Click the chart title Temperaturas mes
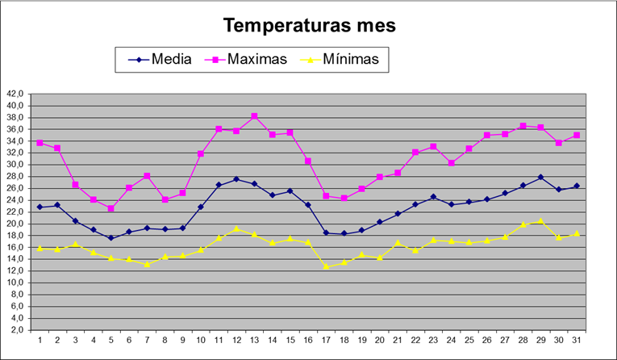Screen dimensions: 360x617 pos(309,25)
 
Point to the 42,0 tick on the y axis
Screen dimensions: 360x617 pos(16,94)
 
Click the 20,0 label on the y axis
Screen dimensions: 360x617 pos(16,224)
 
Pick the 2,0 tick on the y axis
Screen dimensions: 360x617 pos(18,330)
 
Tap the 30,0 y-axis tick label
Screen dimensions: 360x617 pos(16,165)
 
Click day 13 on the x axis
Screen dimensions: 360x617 pos(254,340)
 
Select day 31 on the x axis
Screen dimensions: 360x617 pos(576,340)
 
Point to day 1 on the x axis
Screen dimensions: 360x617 pos(40,340)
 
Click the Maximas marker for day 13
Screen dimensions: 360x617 pos(254,116)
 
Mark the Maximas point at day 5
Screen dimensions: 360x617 pos(111,208)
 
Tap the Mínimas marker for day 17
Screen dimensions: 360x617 pos(326,266)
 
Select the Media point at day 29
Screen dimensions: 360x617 pos(540,177)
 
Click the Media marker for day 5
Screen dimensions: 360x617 pos(111,238)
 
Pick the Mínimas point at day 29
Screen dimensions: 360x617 pos(540,220)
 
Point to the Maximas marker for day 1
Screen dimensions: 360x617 pos(40,143)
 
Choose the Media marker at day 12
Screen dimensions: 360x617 pos(236,179)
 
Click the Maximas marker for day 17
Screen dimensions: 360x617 pos(326,195)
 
